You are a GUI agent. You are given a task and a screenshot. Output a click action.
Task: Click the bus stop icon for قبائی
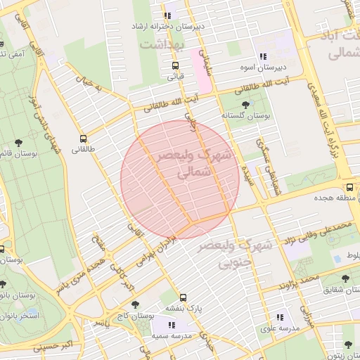point(175,65)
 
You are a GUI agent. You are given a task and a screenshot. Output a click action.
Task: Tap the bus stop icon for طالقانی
point(84,139)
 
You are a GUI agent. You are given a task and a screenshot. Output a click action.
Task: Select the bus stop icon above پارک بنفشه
point(184,297)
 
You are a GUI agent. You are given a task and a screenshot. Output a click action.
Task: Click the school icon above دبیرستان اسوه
point(262,57)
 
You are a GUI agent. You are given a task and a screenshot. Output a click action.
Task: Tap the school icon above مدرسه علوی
point(281,317)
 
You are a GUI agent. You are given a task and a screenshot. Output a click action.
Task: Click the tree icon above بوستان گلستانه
point(245,103)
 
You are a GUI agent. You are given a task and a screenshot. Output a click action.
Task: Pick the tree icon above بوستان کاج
point(136,304)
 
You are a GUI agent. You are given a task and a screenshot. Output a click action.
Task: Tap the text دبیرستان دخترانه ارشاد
point(169,26)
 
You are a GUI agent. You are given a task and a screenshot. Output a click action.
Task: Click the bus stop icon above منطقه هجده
point(349,187)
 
